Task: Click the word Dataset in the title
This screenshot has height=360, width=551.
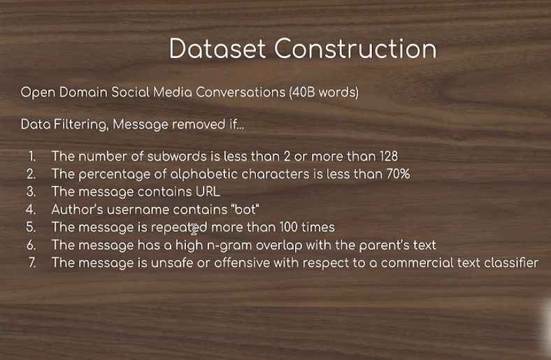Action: pyautogui.click(x=217, y=48)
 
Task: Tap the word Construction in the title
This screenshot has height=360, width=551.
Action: pyautogui.click(x=355, y=48)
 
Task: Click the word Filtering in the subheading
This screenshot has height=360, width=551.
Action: pyautogui.click(x=81, y=124)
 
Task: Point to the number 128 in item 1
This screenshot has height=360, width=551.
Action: pyautogui.click(x=389, y=157)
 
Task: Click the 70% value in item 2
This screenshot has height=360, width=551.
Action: pyautogui.click(x=398, y=174)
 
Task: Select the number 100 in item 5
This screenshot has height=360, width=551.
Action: pyautogui.click(x=289, y=227)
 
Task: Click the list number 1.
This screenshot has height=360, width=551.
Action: pyautogui.click(x=32, y=157)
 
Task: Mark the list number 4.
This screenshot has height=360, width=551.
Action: pyautogui.click(x=31, y=209)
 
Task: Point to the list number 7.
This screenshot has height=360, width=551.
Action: pyautogui.click(x=31, y=263)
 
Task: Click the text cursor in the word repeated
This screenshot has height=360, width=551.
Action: pyautogui.click(x=194, y=230)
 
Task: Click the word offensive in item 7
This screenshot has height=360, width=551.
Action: pyautogui.click(x=242, y=263)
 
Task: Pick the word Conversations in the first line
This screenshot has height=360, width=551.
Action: pyautogui.click(x=241, y=92)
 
